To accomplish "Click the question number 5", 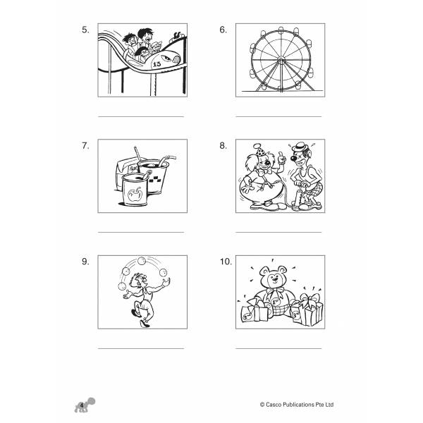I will click(85, 30).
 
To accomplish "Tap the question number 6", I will click(223, 30).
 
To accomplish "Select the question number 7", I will click(85, 146).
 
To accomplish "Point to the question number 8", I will click(223, 146).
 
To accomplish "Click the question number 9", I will click(85, 262).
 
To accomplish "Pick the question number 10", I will click(226, 262).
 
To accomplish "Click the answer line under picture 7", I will click(140, 232).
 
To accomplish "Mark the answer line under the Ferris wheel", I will click(278, 116).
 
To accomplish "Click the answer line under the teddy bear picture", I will click(278, 348).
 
